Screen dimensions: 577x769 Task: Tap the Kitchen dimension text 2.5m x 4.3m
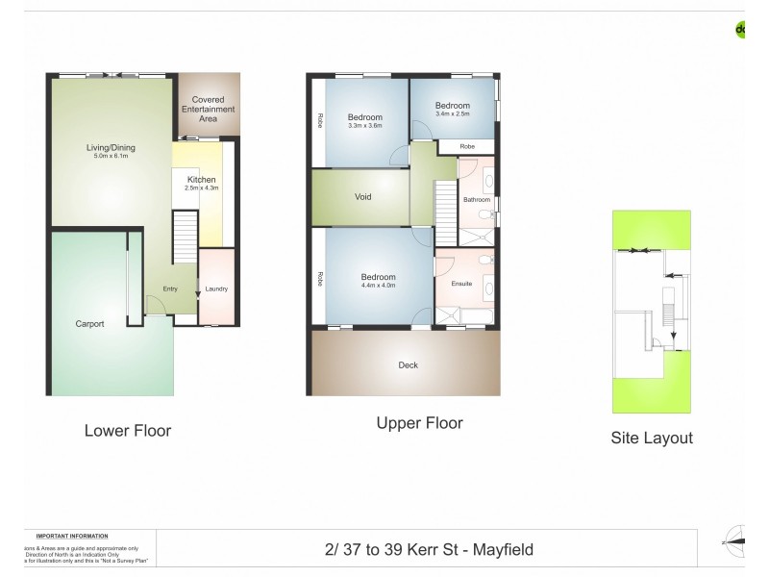[x=201, y=188]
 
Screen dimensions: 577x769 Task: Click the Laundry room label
[x=215, y=288]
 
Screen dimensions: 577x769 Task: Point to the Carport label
[x=89, y=324]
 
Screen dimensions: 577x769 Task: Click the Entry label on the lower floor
[x=170, y=288]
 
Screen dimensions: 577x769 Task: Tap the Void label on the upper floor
[x=362, y=197]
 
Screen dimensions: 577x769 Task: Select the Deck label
[x=409, y=365]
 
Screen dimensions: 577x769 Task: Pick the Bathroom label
[x=477, y=200]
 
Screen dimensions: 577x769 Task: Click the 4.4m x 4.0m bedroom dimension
[x=378, y=286]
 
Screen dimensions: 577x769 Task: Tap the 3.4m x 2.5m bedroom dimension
[x=452, y=114]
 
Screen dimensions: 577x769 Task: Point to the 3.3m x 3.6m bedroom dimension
[x=365, y=125]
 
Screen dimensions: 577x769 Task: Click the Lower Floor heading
[x=128, y=431]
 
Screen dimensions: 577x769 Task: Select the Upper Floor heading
[x=419, y=423]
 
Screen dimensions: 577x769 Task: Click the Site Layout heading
[x=652, y=438]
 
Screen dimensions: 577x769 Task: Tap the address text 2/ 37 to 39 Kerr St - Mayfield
[x=429, y=550]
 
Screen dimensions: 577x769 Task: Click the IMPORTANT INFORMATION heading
[x=72, y=536]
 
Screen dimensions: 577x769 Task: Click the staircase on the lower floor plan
[x=183, y=237]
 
